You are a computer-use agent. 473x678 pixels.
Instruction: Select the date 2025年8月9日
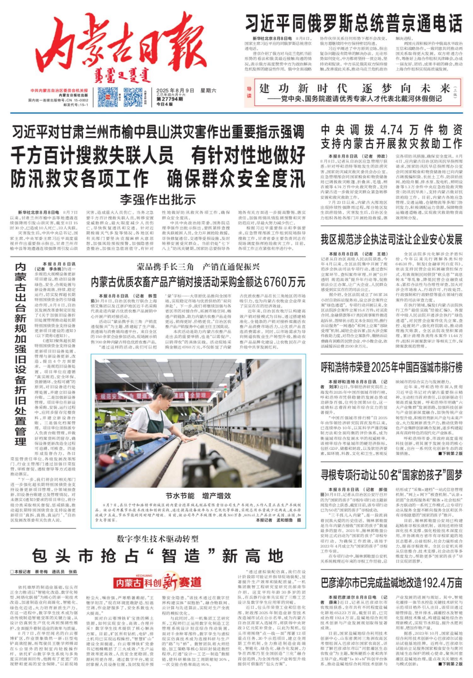(175, 91)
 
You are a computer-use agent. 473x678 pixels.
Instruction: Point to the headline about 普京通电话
(353, 24)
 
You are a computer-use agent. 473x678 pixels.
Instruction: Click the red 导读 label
(249, 92)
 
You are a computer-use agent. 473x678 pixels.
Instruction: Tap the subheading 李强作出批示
(158, 200)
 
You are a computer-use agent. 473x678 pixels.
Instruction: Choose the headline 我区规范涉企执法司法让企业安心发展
(391, 240)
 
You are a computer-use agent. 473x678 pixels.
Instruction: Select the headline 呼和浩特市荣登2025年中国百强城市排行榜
(391, 367)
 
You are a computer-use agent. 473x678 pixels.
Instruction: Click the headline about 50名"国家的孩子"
(391, 475)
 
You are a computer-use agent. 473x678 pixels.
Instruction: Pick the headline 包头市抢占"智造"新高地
(158, 556)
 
